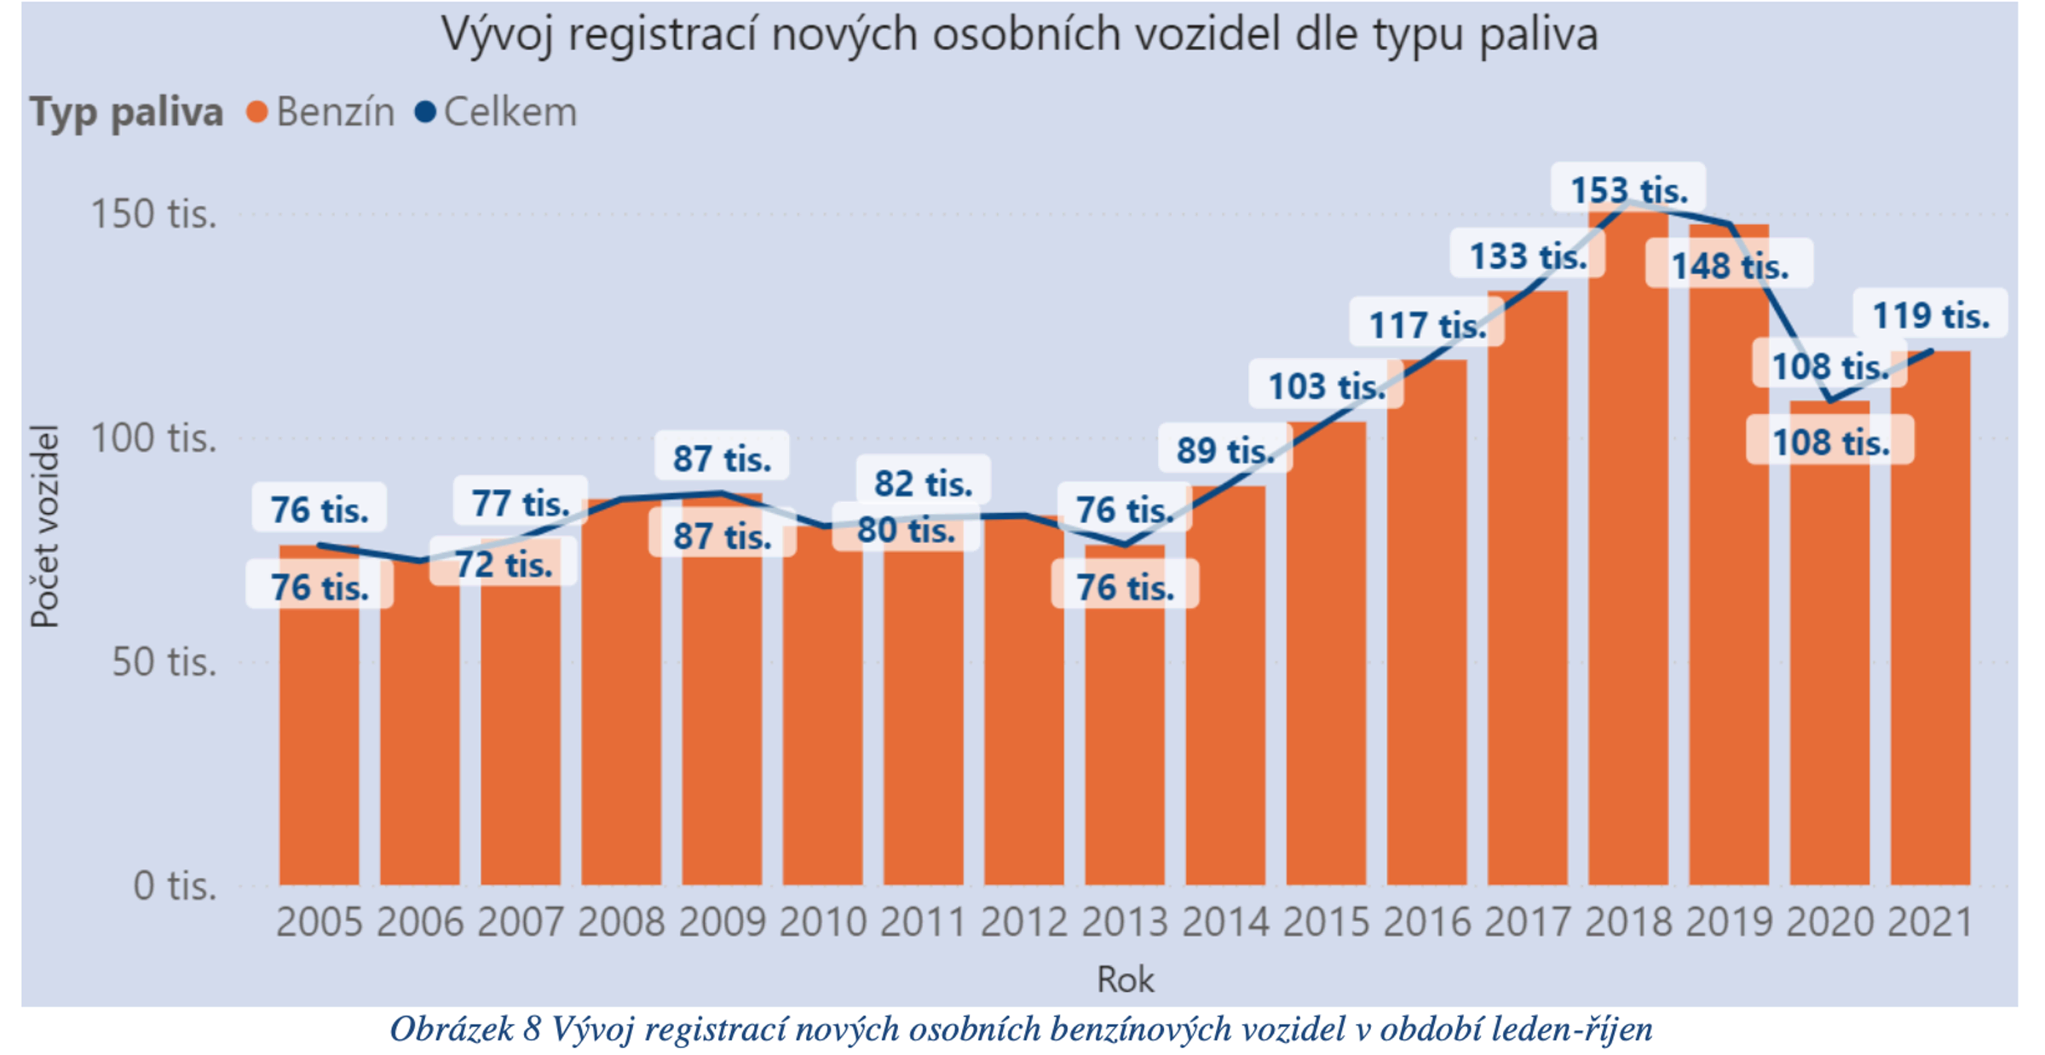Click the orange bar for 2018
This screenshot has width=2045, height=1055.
1627,554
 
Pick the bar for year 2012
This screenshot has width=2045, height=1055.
1023,707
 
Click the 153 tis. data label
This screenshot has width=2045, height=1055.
1628,190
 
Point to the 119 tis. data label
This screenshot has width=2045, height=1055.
1930,316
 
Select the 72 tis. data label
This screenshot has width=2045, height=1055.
504,564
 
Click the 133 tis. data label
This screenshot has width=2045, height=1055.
1528,256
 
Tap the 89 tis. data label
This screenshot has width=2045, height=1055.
1225,450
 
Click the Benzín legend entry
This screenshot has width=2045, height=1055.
321,112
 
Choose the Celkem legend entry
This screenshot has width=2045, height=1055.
497,112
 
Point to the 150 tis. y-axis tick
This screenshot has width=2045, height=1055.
154,214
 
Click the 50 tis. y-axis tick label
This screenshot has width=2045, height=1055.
164,662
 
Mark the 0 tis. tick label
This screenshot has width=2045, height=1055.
175,886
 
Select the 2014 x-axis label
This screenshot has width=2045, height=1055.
1225,922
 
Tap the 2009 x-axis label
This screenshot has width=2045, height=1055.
722,922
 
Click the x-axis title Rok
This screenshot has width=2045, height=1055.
1125,979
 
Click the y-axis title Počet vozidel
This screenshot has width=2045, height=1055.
44,526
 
